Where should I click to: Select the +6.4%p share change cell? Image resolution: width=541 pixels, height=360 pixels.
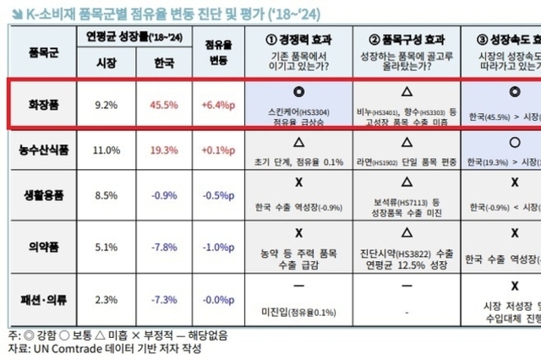point(219,106)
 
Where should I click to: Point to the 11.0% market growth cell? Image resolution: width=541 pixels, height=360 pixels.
point(105,150)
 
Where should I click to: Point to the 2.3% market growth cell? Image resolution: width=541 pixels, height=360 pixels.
point(105,298)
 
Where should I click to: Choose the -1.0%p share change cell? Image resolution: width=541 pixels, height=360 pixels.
point(219,248)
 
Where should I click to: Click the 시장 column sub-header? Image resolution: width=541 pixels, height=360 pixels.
point(105,63)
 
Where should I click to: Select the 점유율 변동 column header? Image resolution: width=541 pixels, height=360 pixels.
point(219,51)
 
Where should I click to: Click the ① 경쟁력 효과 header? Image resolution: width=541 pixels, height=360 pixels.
point(298,40)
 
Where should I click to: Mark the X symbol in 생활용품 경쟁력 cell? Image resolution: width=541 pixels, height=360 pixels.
point(298,183)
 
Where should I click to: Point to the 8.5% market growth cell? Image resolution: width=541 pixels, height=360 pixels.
point(105,197)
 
